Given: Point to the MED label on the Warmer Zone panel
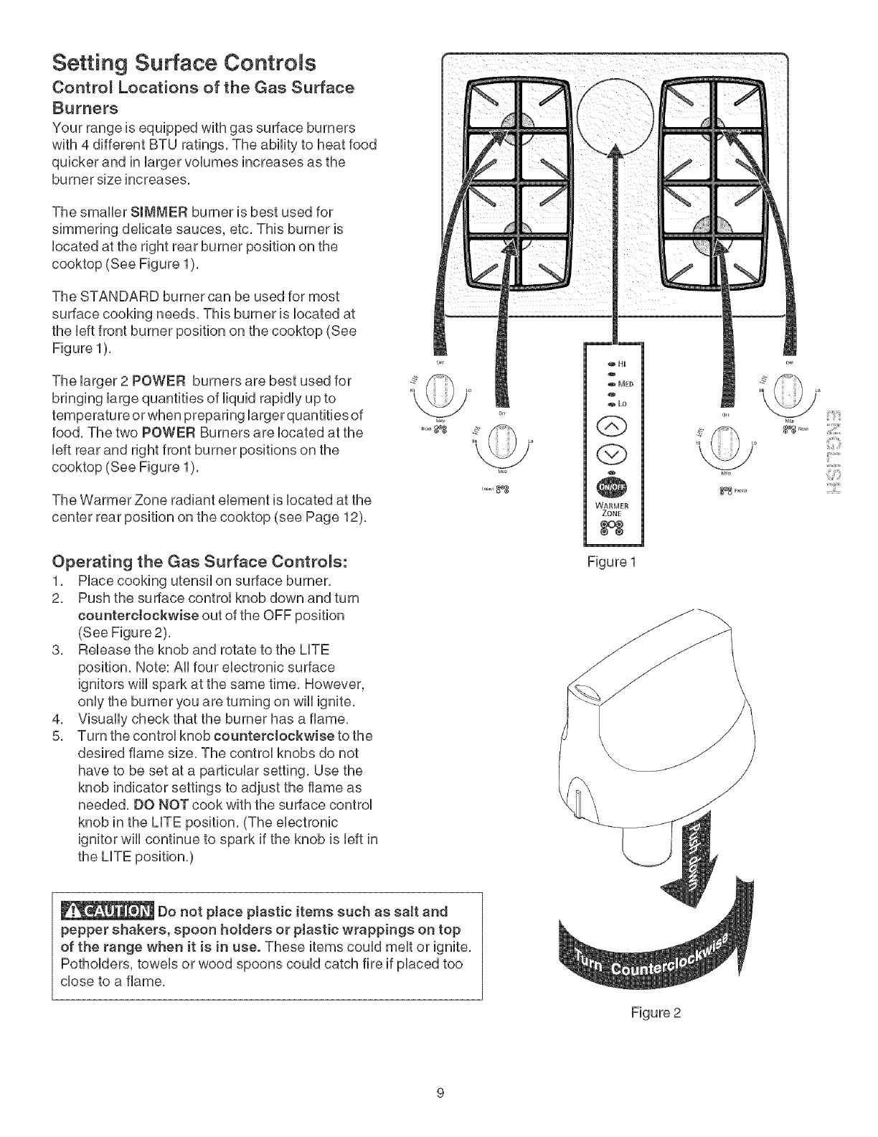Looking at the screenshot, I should tap(622, 382).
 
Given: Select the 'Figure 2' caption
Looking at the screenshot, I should tap(656, 1013).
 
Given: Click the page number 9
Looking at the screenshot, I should tap(440, 1093).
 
